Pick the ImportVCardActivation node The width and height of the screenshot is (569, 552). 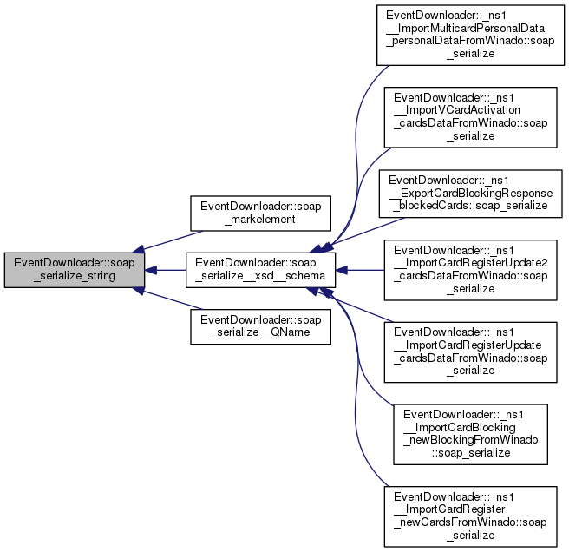471,115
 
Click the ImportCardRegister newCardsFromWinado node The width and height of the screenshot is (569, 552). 471,516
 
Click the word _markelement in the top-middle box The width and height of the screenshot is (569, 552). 249,220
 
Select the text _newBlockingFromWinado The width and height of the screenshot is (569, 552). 471,440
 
